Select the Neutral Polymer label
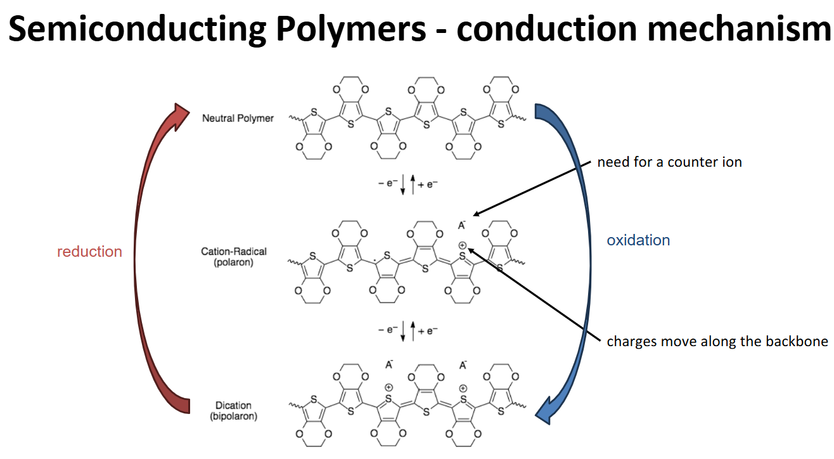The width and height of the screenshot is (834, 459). tap(238, 118)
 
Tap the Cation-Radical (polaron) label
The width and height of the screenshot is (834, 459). tap(234, 257)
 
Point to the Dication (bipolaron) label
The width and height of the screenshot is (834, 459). tap(233, 411)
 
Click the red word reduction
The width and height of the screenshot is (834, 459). tap(89, 252)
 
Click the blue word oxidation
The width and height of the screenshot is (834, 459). tap(638, 240)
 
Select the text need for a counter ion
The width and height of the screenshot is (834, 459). tap(669, 162)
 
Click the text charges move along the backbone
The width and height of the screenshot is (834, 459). tap(717, 341)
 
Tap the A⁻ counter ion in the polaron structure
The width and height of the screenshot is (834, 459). tap(462, 225)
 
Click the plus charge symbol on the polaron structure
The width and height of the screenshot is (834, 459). tap(463, 245)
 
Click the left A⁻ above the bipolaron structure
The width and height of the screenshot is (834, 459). tap(388, 365)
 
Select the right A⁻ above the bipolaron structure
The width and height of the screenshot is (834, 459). tap(463, 365)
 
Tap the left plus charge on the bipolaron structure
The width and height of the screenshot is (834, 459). tap(388, 387)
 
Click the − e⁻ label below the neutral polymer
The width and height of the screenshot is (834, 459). tap(387, 184)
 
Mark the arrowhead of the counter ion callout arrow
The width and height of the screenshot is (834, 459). tap(475, 215)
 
